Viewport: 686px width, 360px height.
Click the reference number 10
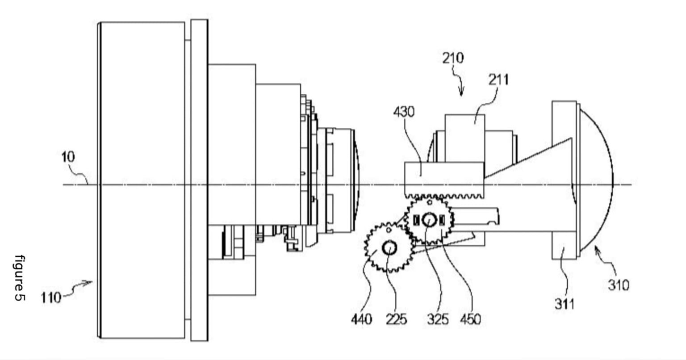coord(68,157)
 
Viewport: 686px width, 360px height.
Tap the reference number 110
coord(51,297)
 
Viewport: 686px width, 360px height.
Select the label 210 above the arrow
coord(453,58)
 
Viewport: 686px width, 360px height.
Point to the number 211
coord(498,80)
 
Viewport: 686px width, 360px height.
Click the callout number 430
coord(404,112)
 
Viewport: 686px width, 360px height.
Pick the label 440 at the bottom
coord(361,319)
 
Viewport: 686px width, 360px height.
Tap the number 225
coord(396,319)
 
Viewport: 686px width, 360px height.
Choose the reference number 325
coord(437,319)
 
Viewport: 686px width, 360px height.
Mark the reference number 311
coord(565,304)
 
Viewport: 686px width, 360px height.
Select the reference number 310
coord(619,285)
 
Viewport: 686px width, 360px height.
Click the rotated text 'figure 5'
coord(20,278)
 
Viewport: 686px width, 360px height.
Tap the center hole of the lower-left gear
coord(389,247)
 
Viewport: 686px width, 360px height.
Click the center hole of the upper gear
coord(429,219)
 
